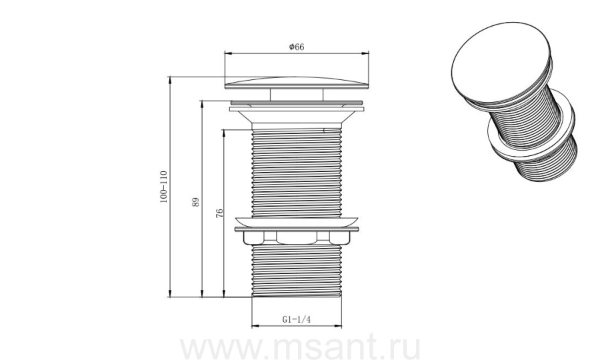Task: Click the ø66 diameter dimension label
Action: [x=297, y=47]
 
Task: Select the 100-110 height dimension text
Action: [x=164, y=187]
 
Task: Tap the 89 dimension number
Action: [x=195, y=202]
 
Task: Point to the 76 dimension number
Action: [x=219, y=213]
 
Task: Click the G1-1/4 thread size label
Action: [x=297, y=319]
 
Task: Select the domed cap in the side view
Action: [x=297, y=83]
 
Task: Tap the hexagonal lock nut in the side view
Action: [x=297, y=237]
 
